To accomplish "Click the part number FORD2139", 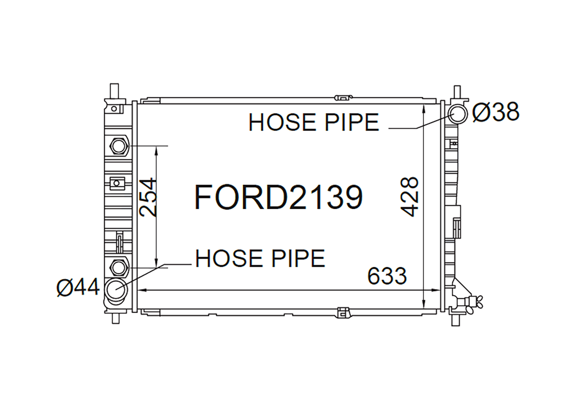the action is click(x=279, y=198).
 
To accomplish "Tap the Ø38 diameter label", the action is click(x=496, y=112).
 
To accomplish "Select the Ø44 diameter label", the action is click(x=78, y=287).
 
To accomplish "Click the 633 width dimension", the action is click(x=387, y=276).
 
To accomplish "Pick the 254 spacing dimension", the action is click(x=147, y=197).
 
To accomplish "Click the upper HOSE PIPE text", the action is click(x=313, y=122).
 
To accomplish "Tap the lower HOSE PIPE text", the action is click(x=260, y=258).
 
